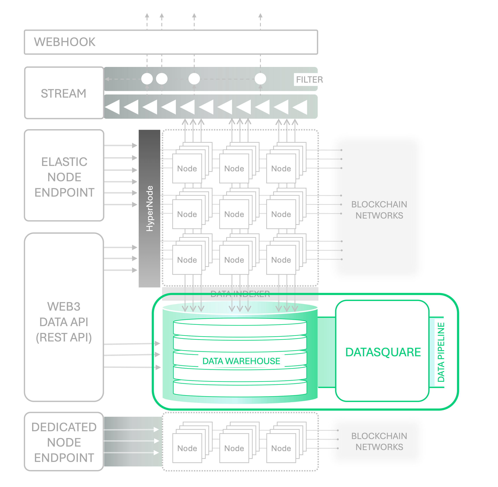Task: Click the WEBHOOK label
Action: pyautogui.click(x=65, y=42)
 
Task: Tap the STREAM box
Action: pyautogui.click(x=64, y=93)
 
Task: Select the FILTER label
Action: pyautogui.click(x=309, y=79)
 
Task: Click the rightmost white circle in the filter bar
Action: pyautogui.click(x=260, y=79)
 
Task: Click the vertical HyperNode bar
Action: pyautogui.click(x=149, y=208)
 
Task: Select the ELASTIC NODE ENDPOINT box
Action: pyautogui.click(x=64, y=177)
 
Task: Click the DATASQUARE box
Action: pyautogui.click(x=382, y=352)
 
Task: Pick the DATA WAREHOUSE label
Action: pyautogui.click(x=241, y=361)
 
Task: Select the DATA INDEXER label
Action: pyautogui.click(x=240, y=294)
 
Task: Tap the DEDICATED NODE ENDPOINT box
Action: pyautogui.click(x=64, y=442)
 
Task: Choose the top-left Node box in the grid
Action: pyautogui.click(x=187, y=169)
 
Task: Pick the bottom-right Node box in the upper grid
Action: pyautogui.click(x=281, y=260)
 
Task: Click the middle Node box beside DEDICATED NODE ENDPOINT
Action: pyautogui.click(x=234, y=448)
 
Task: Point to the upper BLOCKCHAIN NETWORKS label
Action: pyautogui.click(x=379, y=210)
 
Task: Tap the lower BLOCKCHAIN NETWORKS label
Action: pyautogui.click(x=379, y=442)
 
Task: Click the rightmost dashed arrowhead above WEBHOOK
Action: pyautogui.click(x=260, y=16)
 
